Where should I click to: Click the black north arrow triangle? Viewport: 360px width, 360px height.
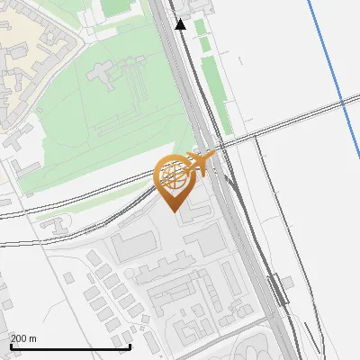[181, 24]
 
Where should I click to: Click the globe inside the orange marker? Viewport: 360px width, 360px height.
[175, 175]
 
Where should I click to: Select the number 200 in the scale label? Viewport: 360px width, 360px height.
[20, 338]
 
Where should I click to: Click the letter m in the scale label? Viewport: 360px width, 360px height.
[33, 338]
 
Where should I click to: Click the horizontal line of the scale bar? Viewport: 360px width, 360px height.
[70, 346]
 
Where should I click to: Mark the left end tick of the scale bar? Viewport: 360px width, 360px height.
[11, 346]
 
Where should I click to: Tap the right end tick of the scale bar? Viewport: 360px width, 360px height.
[130, 346]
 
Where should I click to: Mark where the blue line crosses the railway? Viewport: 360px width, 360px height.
[343, 105]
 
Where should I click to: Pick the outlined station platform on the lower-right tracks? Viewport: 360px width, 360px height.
[278, 291]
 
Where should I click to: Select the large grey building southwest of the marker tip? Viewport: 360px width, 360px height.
[133, 244]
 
